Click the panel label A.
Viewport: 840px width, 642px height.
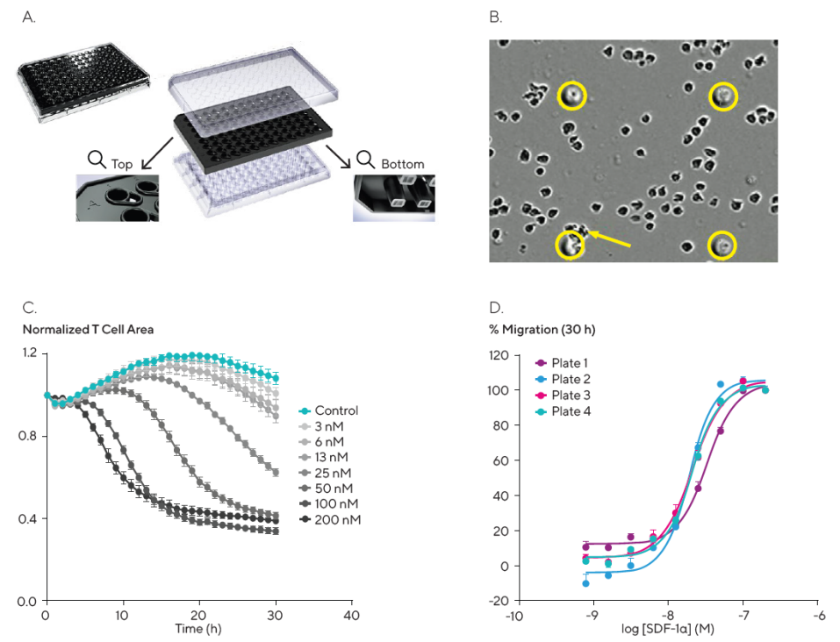(x=28, y=18)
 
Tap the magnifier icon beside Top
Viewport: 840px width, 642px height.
(x=97, y=160)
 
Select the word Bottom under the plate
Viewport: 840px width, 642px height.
(x=402, y=164)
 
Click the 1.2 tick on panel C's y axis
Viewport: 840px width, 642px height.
(x=30, y=353)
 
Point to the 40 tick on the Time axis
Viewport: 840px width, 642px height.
(x=351, y=617)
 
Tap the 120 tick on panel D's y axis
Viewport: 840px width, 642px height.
(x=499, y=355)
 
